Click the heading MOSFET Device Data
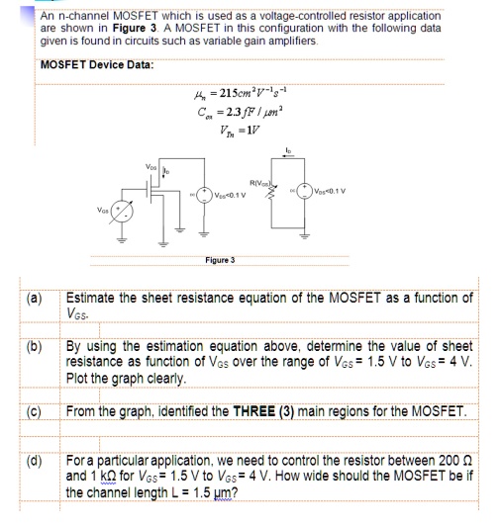[97, 65]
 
